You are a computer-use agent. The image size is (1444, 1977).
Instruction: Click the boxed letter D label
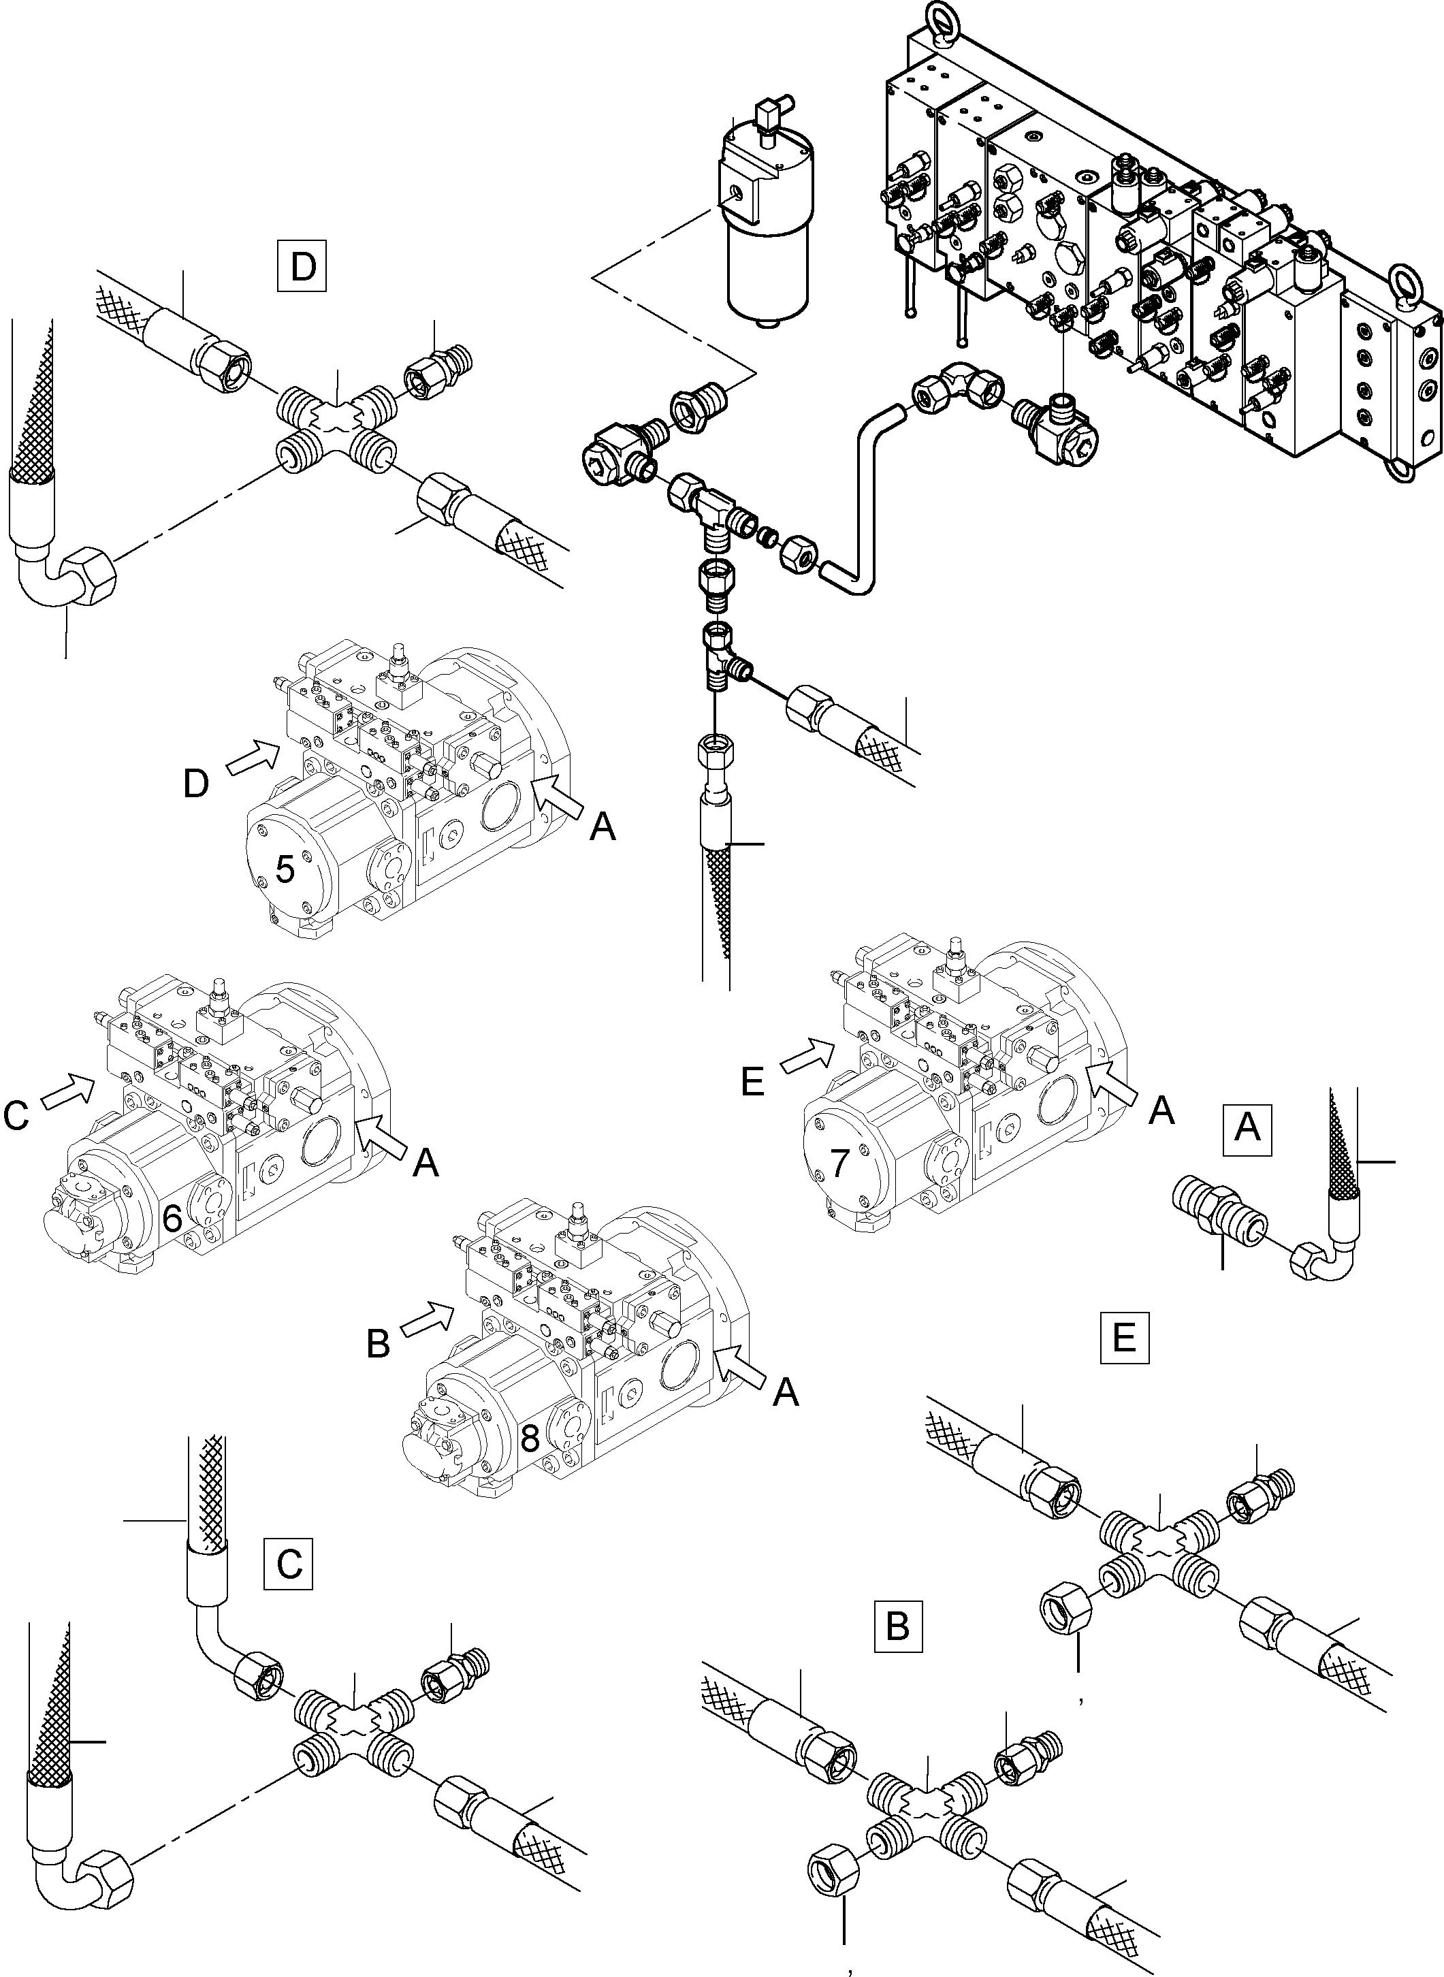point(302,267)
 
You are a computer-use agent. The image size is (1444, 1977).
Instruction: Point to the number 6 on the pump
point(172,1220)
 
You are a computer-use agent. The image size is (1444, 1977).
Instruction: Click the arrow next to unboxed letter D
point(253,757)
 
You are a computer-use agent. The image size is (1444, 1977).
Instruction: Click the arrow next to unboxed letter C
point(69,1093)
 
